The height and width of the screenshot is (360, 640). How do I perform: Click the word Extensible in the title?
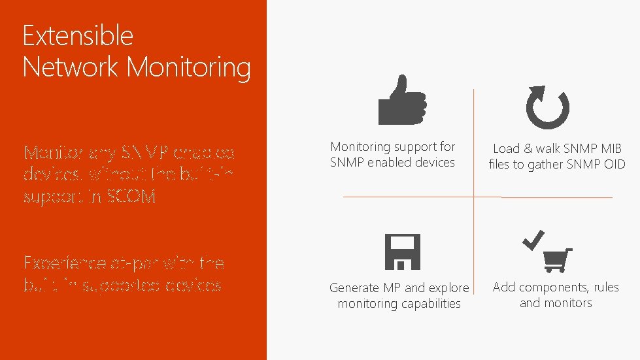tap(78, 35)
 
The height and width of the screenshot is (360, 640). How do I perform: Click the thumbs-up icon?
tap(402, 101)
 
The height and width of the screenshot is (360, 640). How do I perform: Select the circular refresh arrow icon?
tap(547, 107)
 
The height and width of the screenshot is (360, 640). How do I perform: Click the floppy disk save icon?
tap(401, 252)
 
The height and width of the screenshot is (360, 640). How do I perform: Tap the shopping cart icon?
tap(558, 260)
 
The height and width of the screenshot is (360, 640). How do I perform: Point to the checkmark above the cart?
tap(533, 240)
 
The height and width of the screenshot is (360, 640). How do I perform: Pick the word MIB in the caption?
tap(609, 149)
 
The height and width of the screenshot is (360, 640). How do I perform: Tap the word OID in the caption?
tap(614, 165)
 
